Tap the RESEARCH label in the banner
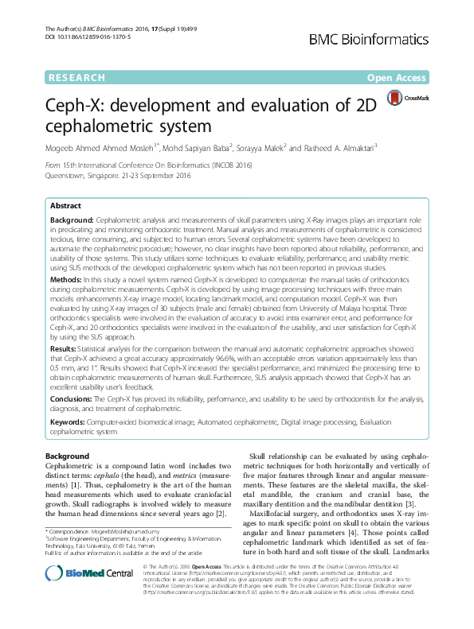(76, 78)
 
